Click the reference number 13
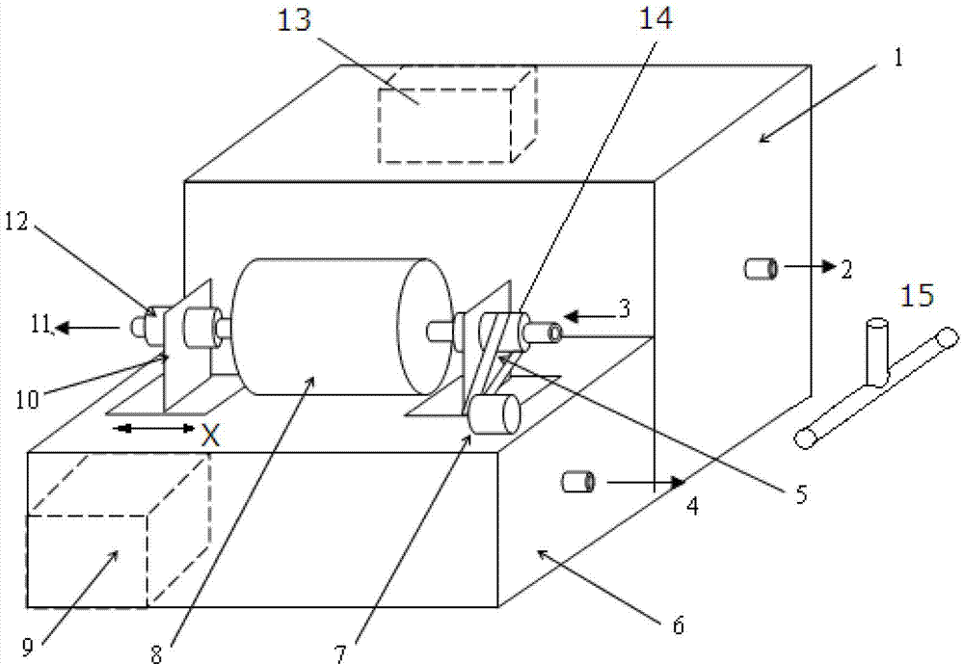[x=294, y=20]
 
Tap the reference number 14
[x=656, y=17]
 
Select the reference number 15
[x=918, y=296]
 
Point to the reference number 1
[x=898, y=59]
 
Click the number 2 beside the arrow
[x=846, y=269]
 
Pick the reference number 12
[x=16, y=222]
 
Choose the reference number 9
[x=28, y=646]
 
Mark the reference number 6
[x=678, y=625]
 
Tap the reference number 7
[x=340, y=653]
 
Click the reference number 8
[x=156, y=654]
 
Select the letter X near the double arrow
[x=211, y=436]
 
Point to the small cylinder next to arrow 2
[x=762, y=269]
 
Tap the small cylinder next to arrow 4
[x=578, y=482]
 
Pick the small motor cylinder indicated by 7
[x=494, y=414]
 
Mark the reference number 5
[x=801, y=493]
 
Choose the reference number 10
[x=27, y=400]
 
